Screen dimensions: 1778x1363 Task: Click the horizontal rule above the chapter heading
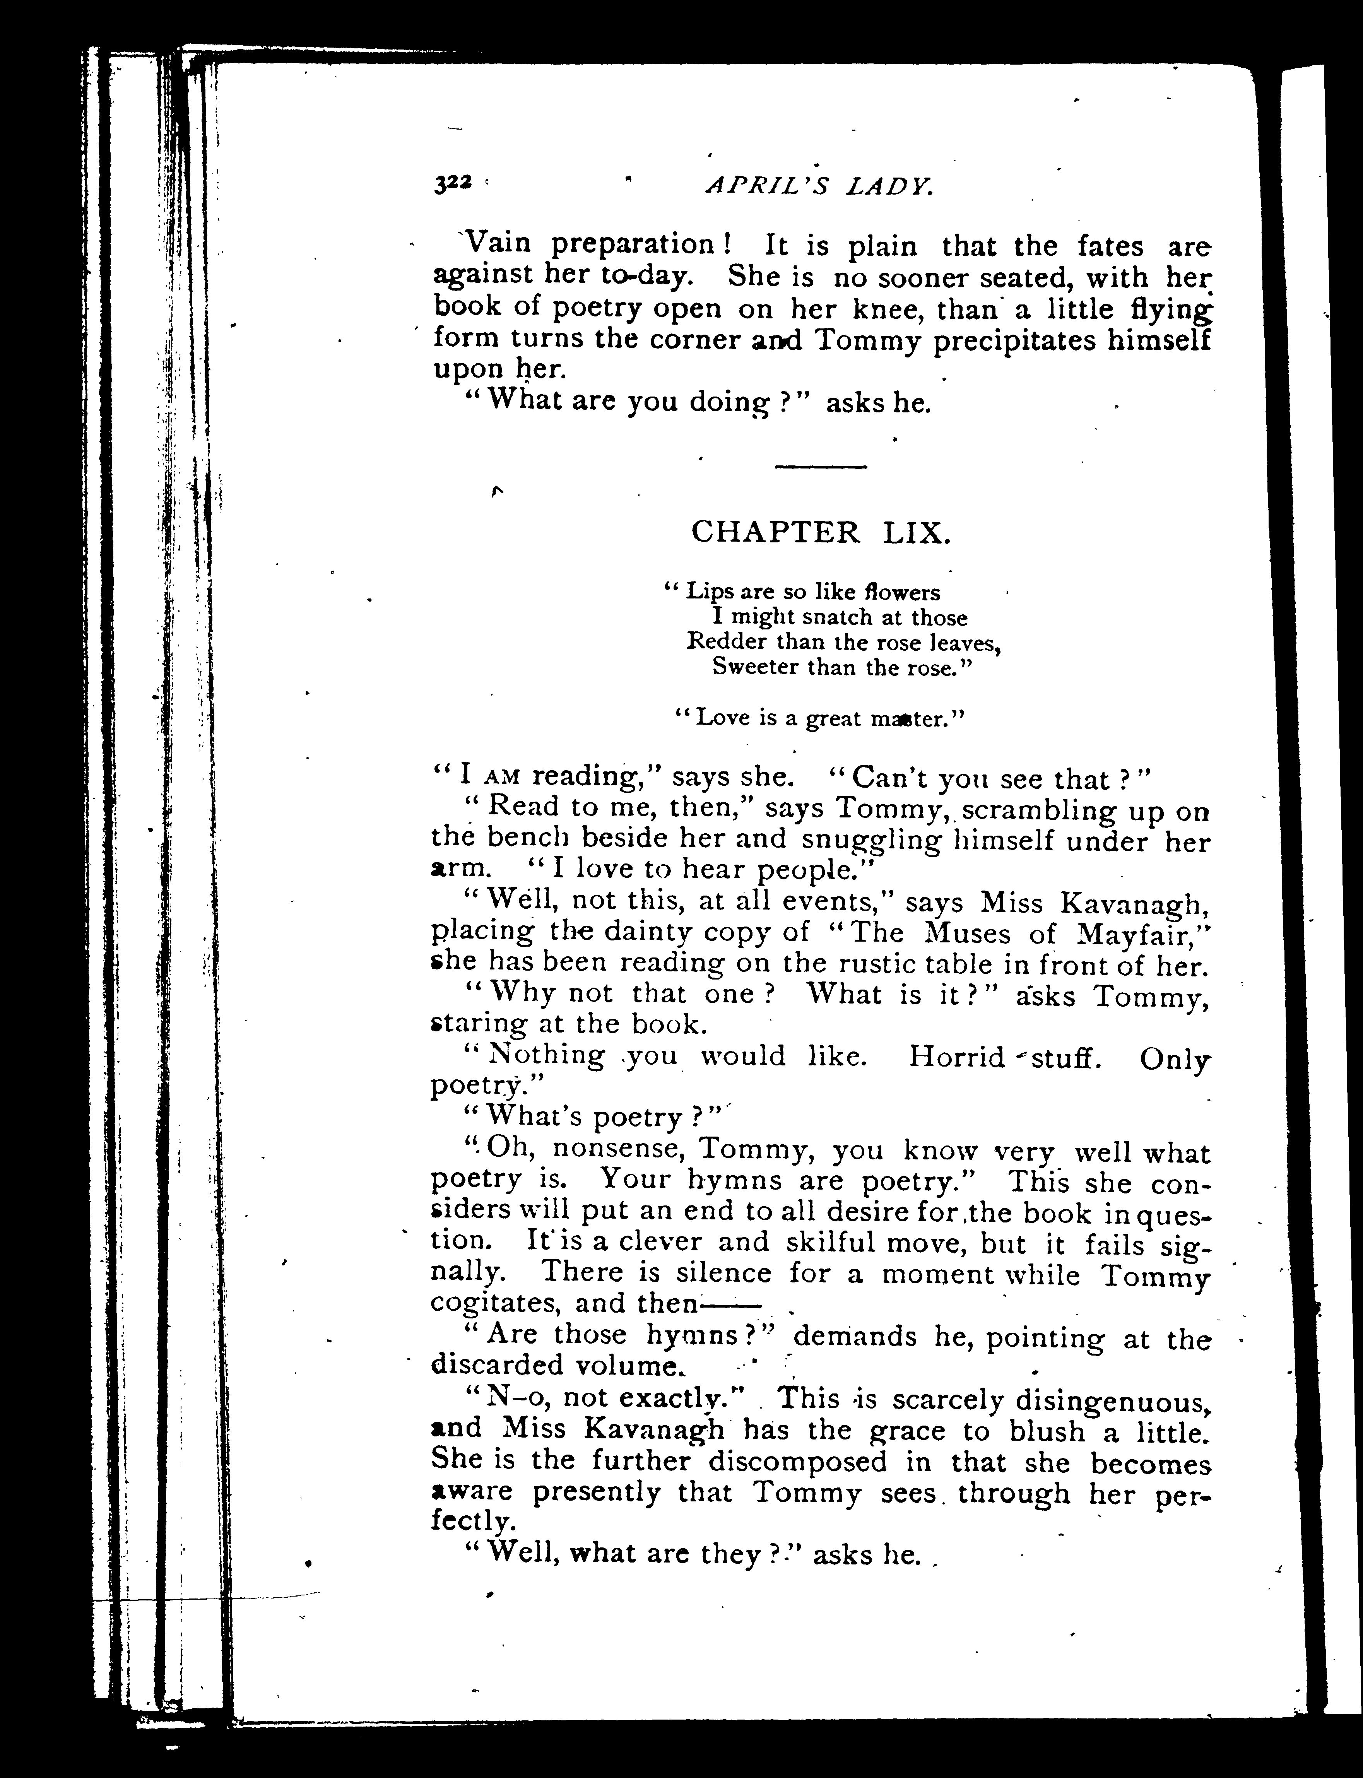point(821,467)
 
